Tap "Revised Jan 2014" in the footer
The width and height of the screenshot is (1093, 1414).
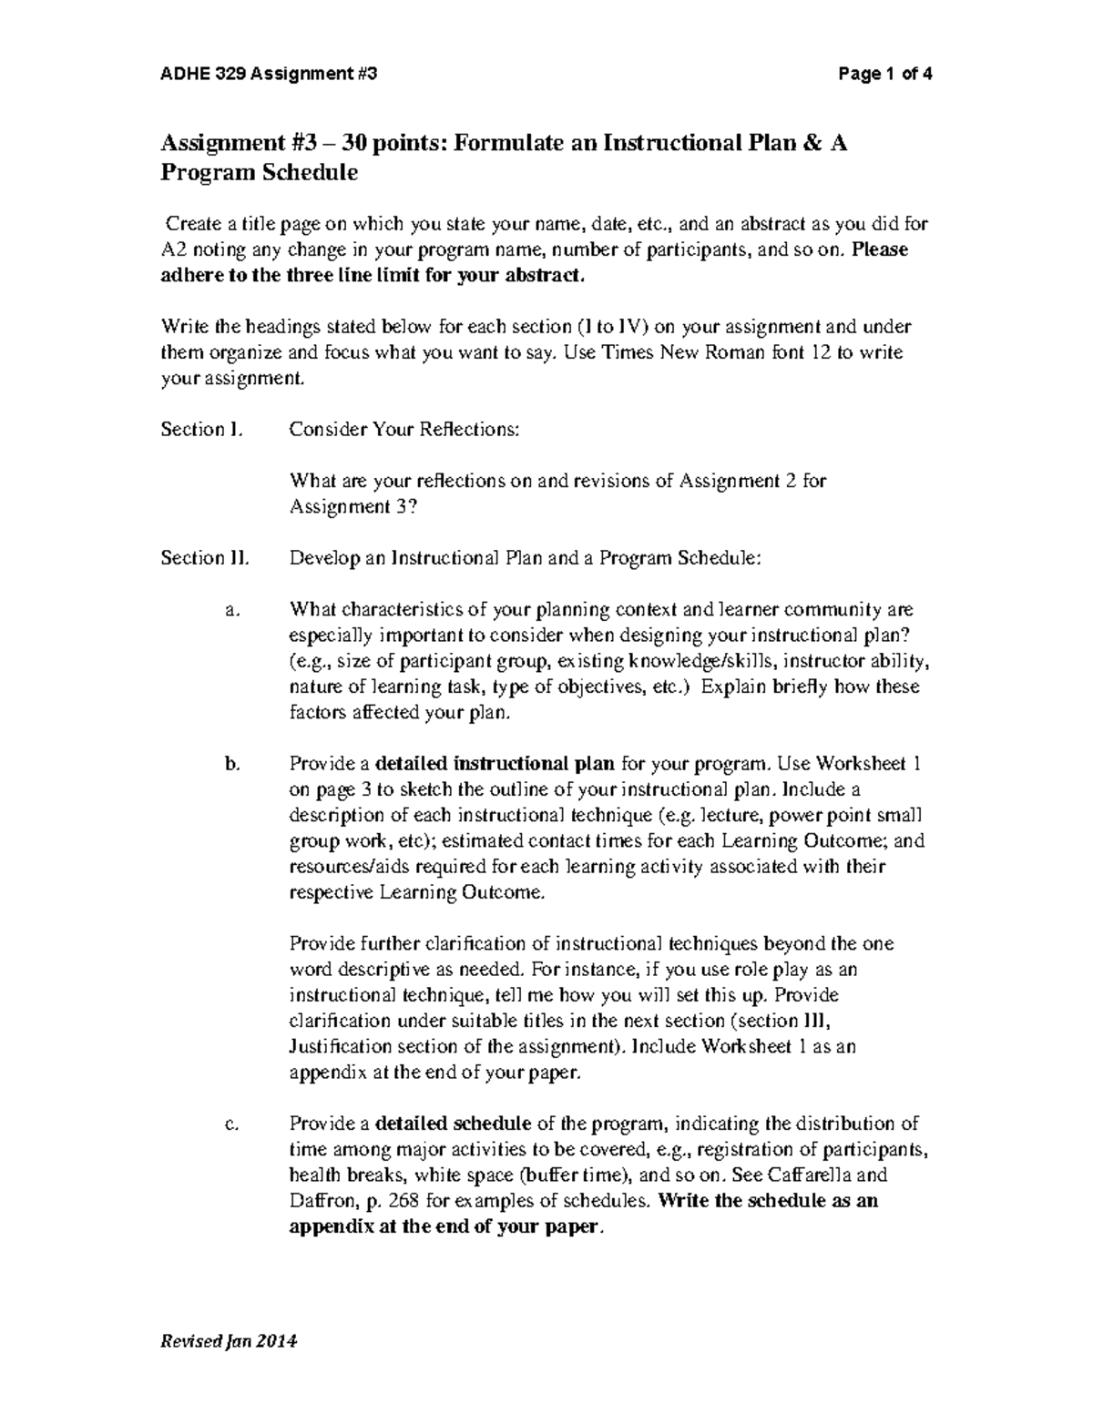click(230, 1341)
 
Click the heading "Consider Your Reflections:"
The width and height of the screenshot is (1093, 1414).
click(404, 430)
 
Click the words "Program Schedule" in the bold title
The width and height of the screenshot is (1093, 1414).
click(260, 173)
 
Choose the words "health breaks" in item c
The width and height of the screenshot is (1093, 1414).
click(341, 1175)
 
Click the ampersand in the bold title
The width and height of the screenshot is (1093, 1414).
click(806, 143)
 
